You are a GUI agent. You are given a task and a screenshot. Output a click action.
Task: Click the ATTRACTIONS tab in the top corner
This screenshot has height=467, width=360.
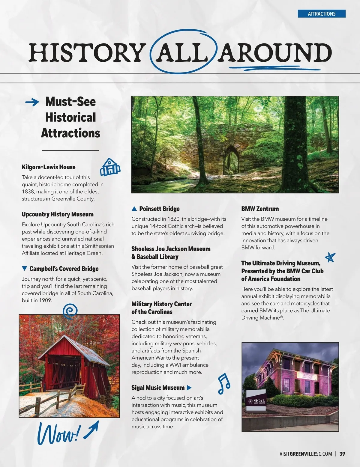[321, 14]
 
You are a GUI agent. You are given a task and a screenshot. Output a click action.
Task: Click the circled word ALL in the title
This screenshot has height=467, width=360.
[184, 53]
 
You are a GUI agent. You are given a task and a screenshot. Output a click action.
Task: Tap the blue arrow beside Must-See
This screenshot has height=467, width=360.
[32, 103]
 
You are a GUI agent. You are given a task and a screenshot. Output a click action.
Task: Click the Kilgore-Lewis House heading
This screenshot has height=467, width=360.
[49, 167]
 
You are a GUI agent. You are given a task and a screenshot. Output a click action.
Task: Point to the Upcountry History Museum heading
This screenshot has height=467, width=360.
[58, 214]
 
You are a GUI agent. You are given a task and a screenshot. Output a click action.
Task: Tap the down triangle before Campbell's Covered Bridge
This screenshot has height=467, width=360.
[25, 268]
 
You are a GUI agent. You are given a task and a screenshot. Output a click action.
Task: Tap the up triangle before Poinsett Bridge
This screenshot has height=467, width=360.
[134, 209]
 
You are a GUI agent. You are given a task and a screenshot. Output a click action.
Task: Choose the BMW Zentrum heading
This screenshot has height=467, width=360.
[260, 209]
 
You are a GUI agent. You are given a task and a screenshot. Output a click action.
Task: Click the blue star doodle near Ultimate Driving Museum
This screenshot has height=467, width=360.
[330, 257]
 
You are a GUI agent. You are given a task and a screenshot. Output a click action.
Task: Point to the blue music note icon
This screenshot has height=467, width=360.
[224, 384]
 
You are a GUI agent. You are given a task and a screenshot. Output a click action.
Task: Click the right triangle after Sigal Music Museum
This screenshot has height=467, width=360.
[189, 388]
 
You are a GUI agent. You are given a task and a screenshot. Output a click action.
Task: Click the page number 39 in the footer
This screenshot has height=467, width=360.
[342, 454]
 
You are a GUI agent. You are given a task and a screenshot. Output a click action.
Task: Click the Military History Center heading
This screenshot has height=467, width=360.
[161, 308]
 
